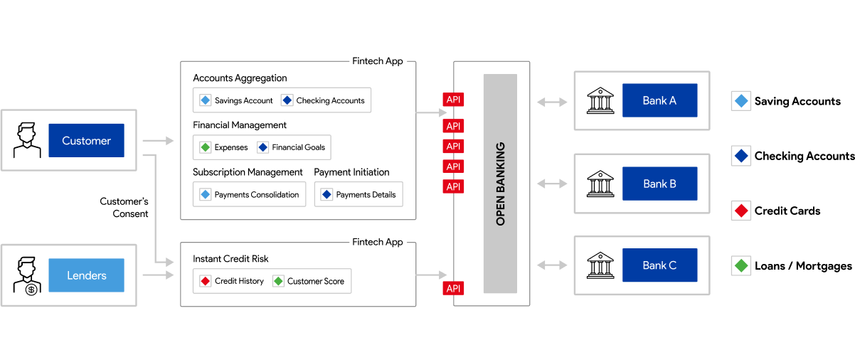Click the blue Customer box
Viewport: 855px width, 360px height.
pos(86,140)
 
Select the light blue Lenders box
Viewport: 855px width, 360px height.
pos(86,275)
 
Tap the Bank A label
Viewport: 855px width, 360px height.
pos(659,100)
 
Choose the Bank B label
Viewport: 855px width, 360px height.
pos(659,184)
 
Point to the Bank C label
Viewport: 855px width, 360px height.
pos(659,265)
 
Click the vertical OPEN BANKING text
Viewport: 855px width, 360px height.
pos(500,184)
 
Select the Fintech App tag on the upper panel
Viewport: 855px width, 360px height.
pos(378,61)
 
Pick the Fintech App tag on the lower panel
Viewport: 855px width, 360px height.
pos(378,242)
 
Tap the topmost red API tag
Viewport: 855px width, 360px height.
pos(453,100)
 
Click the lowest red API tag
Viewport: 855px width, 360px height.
pos(453,288)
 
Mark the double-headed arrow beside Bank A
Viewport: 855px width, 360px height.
pos(552,102)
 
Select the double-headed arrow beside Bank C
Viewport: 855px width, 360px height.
pos(552,265)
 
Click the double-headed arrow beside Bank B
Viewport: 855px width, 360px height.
pos(552,184)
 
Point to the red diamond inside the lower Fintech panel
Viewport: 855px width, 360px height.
pos(206,281)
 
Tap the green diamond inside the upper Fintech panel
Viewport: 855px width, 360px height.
pos(206,147)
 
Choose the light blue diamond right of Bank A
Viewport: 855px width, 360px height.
pos(741,101)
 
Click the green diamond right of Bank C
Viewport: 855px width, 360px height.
pos(741,266)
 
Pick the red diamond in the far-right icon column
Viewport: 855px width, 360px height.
pos(741,211)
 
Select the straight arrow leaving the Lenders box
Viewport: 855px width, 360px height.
pos(158,275)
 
